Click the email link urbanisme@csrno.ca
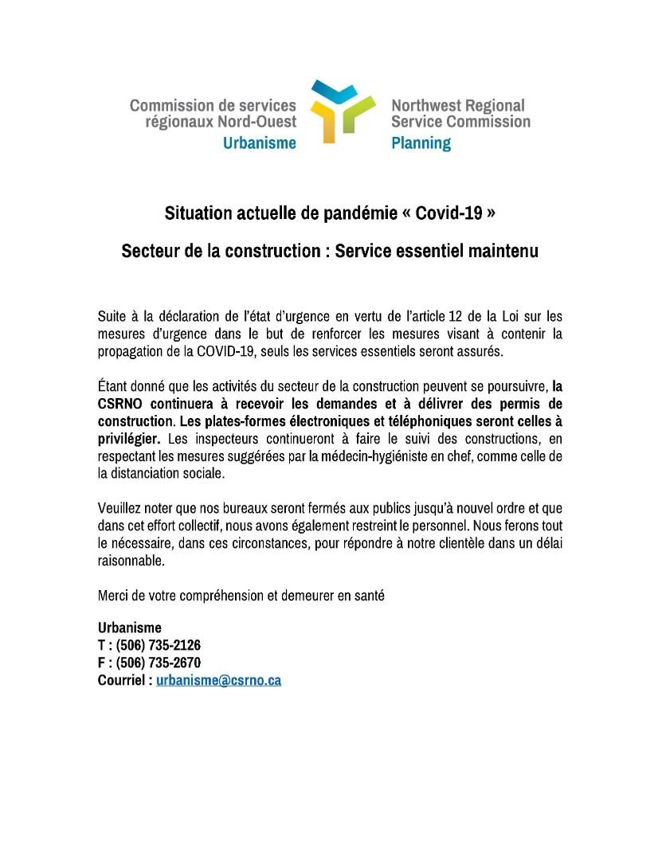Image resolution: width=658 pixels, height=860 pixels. tap(218, 681)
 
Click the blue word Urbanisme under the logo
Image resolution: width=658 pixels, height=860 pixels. tap(259, 143)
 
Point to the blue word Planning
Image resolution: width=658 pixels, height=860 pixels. tap(421, 143)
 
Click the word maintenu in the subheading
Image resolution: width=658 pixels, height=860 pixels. tap(503, 251)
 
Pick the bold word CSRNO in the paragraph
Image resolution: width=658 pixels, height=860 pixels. tap(120, 403)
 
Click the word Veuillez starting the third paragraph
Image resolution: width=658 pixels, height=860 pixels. tap(122, 507)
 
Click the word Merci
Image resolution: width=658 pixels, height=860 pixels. tap(113, 595)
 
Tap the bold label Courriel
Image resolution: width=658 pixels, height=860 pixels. tap(122, 681)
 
